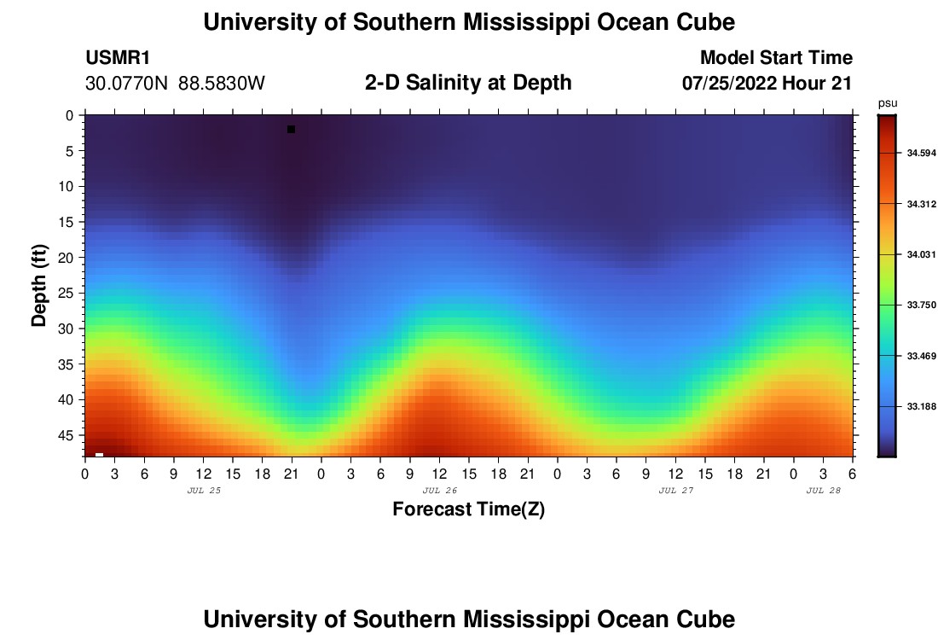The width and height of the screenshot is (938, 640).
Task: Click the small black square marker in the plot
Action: coord(291,130)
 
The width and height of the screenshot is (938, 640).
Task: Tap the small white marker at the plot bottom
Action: coord(100,454)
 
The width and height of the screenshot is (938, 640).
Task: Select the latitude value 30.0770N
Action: coord(128,84)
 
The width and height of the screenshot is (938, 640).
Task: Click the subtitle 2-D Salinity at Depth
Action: coord(468,83)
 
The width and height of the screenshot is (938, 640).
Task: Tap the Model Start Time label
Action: coord(776,58)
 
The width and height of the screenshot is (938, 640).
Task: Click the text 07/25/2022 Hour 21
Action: coord(767,84)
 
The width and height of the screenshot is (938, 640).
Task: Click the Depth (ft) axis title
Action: coord(39,286)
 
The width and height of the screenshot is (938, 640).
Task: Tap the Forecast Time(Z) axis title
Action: coord(468,509)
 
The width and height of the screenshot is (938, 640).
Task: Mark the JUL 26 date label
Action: coord(440,491)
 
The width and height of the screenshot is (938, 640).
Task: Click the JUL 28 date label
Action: coord(824,491)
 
